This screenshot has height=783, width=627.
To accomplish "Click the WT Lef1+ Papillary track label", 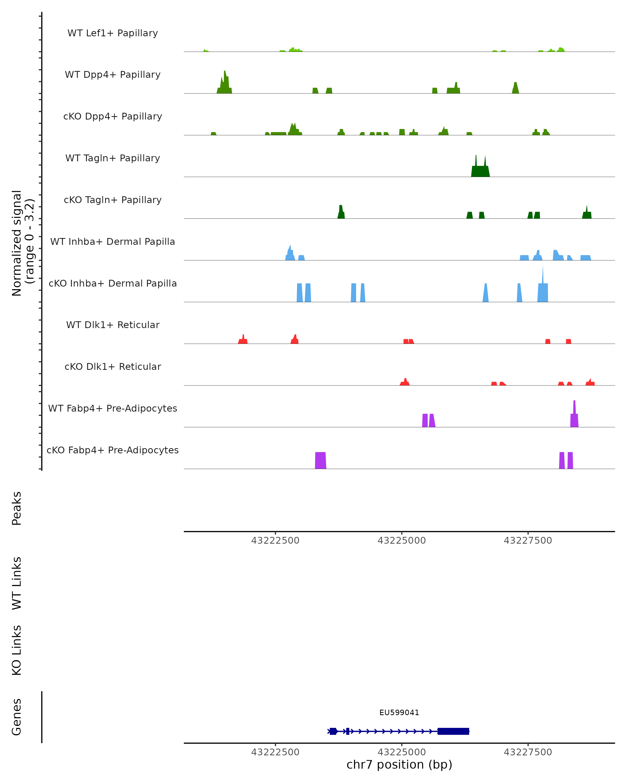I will (113, 33).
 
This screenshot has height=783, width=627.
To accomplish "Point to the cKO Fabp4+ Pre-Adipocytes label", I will (113, 450).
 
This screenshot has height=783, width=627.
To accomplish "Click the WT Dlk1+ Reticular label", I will (113, 325).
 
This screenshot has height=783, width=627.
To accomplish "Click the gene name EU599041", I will (399, 713).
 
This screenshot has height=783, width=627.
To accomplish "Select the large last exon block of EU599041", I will (453, 731).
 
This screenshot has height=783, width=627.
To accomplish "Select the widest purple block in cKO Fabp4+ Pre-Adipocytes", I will (320, 460).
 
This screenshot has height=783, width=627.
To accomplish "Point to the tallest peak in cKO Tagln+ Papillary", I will (341, 212).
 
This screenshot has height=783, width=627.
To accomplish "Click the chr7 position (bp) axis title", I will (399, 764).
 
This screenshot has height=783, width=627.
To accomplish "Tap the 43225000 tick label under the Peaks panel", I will (402, 541).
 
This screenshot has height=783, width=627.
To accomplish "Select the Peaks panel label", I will (17, 508).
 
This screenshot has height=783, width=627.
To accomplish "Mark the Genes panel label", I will (17, 717).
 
